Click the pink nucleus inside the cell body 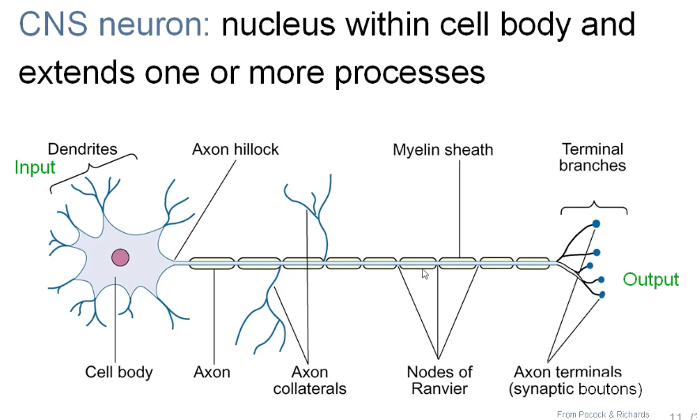(120, 257)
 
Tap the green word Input (35, 167)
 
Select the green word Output (650, 279)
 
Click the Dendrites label (82, 149)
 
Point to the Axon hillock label (235, 149)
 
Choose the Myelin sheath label (443, 150)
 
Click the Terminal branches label (593, 157)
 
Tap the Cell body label (119, 372)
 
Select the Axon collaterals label (310, 380)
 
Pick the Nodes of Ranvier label (439, 380)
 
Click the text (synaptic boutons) (575, 388)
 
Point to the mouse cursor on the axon (425, 274)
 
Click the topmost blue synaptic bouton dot (596, 223)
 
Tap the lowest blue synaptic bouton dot (602, 294)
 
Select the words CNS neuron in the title (113, 25)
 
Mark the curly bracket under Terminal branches (594, 209)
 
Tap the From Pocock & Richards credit (602, 414)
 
